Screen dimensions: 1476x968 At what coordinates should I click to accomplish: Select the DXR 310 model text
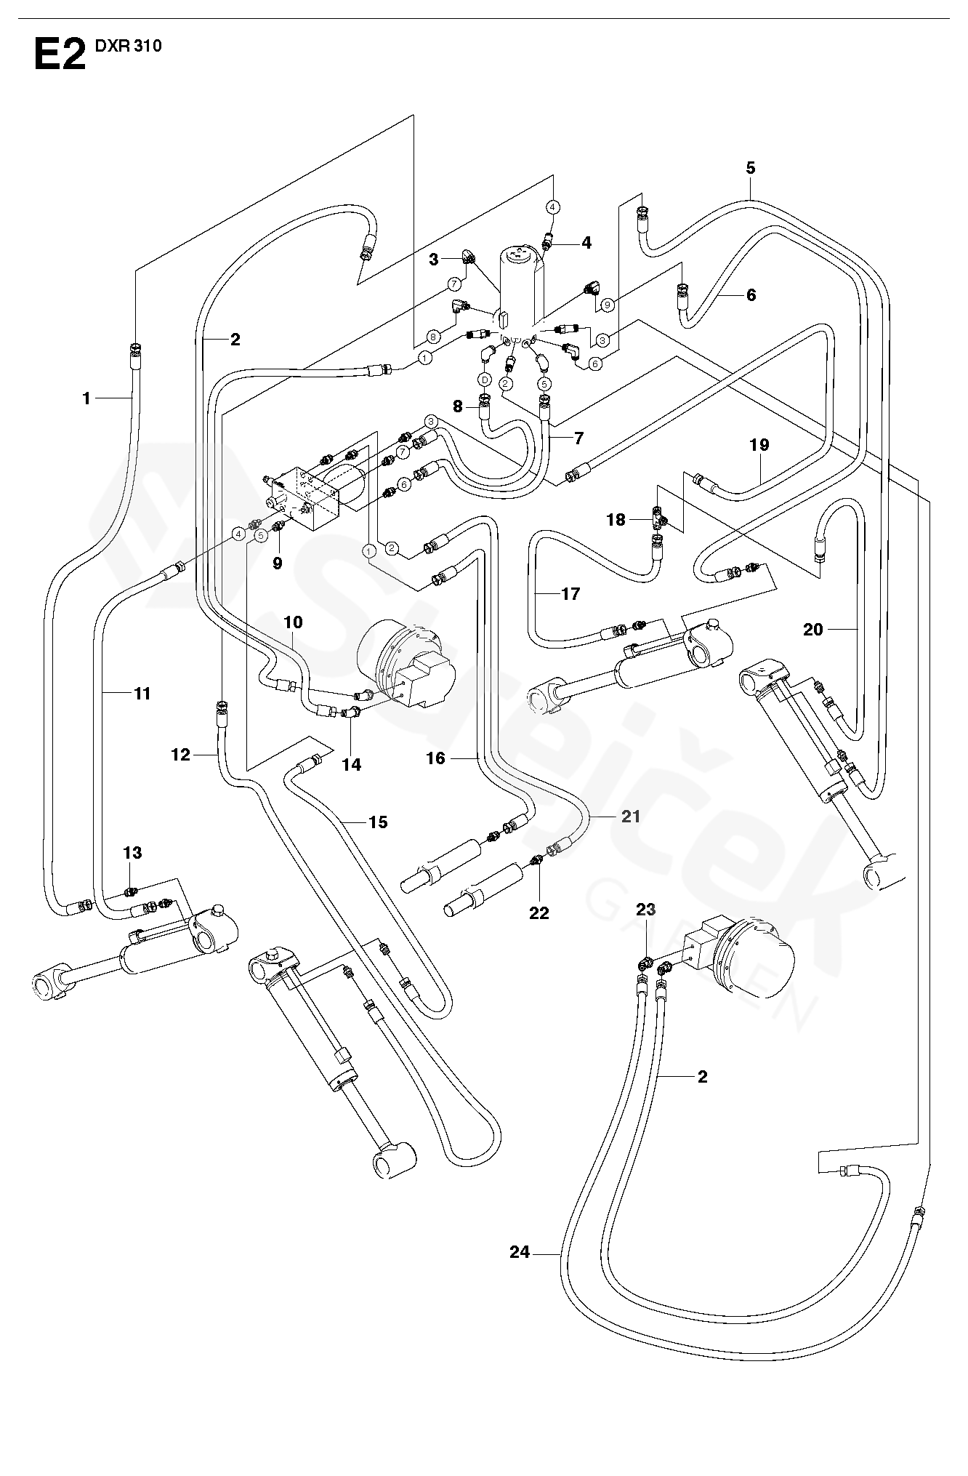pos(128,47)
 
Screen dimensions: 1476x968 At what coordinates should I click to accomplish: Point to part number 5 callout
pos(750,169)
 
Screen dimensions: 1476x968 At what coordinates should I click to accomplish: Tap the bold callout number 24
pos(520,1253)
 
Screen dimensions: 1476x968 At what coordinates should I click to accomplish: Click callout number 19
pos(759,445)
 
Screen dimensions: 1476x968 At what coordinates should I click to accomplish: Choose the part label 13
pos(132,852)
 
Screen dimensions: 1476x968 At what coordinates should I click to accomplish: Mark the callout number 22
pos(539,913)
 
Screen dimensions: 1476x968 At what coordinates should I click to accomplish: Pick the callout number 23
pos(646,909)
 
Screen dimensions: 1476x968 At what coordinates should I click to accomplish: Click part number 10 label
pos(293,622)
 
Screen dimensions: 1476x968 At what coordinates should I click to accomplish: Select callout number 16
pos(435,758)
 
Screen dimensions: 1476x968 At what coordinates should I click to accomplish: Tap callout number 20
pos(812,630)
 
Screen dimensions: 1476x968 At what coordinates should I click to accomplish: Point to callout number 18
pos(616,520)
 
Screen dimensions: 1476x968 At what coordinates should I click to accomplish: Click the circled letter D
pos(485,380)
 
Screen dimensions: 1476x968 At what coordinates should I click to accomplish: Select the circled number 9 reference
pos(608,304)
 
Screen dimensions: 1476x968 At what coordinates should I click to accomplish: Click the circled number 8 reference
pos(434,337)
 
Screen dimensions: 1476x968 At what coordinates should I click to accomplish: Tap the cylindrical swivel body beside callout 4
pos(520,284)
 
